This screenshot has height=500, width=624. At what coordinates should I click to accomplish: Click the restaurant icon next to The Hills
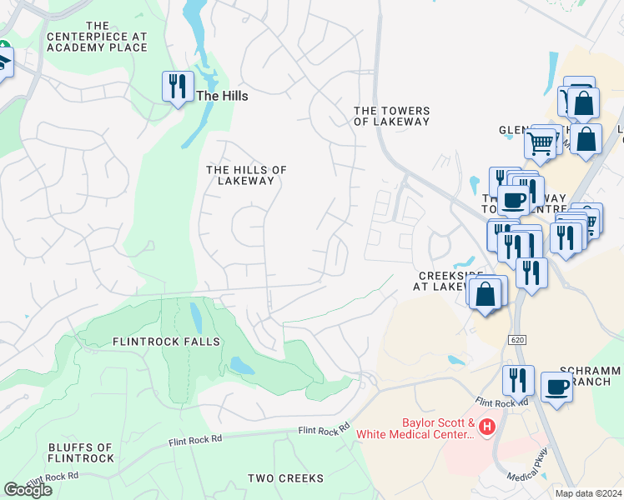click(x=177, y=86)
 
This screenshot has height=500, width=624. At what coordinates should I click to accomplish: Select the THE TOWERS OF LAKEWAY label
click(x=391, y=116)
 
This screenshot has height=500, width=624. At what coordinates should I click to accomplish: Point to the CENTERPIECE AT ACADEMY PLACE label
click(x=97, y=37)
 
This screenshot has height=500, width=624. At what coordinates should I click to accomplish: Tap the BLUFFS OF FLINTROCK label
click(x=81, y=452)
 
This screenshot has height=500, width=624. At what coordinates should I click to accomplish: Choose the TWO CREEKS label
click(x=285, y=478)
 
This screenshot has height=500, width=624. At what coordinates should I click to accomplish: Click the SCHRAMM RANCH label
click(x=591, y=376)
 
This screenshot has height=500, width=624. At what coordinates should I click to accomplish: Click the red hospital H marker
click(x=486, y=428)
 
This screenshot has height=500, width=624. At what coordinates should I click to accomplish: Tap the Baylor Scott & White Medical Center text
click(x=415, y=428)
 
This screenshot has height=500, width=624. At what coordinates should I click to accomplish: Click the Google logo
click(x=28, y=490)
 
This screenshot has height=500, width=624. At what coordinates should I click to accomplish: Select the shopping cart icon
click(x=541, y=142)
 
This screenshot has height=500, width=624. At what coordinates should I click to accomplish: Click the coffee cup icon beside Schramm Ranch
click(x=557, y=387)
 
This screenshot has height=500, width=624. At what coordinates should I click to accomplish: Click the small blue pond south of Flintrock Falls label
click(x=242, y=366)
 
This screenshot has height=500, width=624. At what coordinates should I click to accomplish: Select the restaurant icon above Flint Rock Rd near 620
click(x=518, y=379)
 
